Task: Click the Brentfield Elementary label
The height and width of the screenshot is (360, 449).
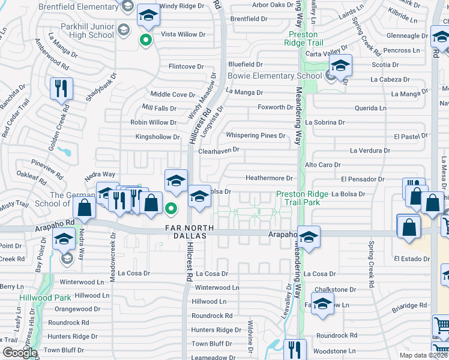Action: [x=79, y=7]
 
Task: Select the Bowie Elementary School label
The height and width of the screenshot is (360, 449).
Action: [x=275, y=76]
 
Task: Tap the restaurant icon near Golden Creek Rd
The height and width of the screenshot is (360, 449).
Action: [x=61, y=89]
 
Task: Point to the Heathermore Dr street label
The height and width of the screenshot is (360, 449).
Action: [x=269, y=178]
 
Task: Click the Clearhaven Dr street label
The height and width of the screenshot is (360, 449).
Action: [x=219, y=150]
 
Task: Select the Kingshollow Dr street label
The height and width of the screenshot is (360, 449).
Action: [x=158, y=137]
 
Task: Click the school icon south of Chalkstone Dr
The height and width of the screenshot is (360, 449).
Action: [x=322, y=305]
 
